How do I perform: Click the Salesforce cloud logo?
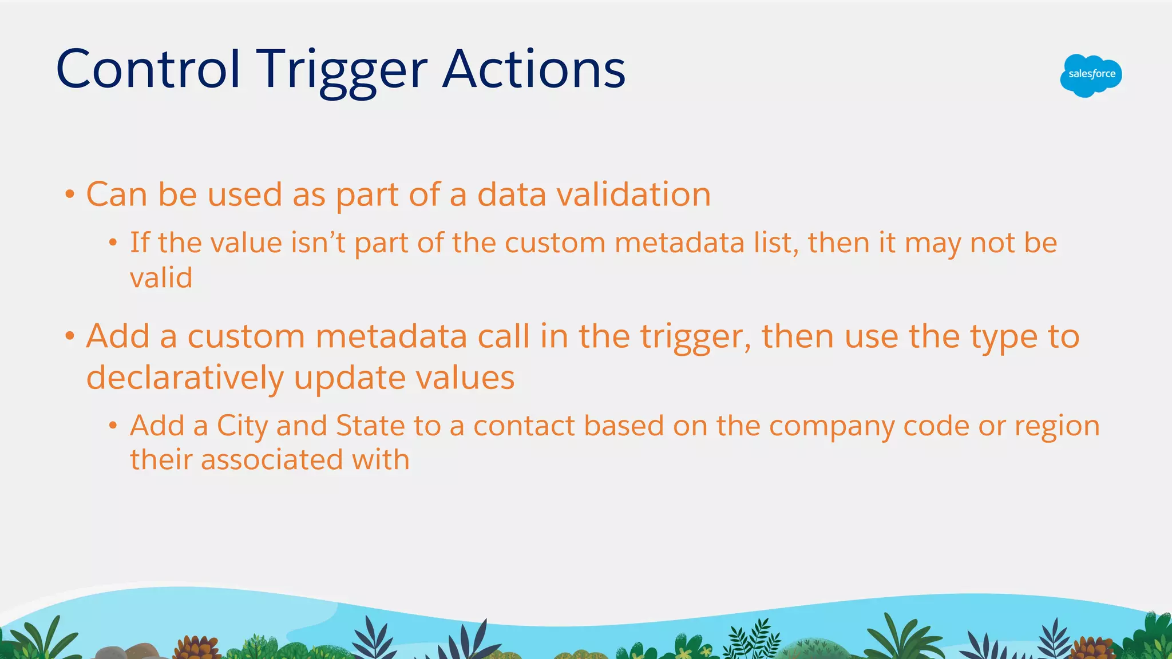(x=1091, y=75)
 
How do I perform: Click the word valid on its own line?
(x=161, y=278)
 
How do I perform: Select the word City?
(x=242, y=426)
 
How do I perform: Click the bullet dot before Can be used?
(x=69, y=194)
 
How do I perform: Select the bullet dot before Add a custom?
(x=69, y=336)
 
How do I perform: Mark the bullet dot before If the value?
(x=113, y=243)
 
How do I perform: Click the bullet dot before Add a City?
(x=113, y=426)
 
